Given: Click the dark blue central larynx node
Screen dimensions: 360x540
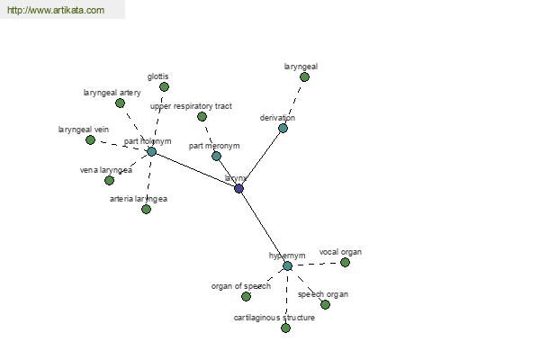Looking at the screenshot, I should [238, 188].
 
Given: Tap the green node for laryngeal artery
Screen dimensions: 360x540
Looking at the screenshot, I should [120, 103].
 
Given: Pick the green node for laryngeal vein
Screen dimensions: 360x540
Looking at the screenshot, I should [90, 139].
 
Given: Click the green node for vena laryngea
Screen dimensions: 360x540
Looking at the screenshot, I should [109, 180].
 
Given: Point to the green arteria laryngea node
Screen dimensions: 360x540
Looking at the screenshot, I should [146, 209].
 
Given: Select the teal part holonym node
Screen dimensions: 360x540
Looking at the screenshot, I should [151, 151].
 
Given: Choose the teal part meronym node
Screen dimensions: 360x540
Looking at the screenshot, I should [216, 156].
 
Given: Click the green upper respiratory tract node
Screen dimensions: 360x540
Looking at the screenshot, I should [202, 116].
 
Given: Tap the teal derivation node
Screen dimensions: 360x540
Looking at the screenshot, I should [283, 128].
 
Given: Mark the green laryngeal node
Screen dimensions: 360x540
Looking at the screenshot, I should [304, 76].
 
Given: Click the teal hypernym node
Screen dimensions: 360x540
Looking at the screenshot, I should [287, 265].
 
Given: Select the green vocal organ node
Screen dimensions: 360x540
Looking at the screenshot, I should [345, 262].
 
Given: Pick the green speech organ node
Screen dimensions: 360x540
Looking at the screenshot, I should [325, 304].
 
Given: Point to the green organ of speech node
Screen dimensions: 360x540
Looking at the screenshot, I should [246, 296].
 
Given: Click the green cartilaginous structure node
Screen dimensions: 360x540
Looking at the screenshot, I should [285, 328].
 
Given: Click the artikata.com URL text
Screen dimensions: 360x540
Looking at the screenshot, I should [55, 10].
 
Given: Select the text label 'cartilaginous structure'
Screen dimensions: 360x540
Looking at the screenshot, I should [274, 318].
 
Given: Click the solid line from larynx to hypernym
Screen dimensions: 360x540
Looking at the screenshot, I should [263, 227].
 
